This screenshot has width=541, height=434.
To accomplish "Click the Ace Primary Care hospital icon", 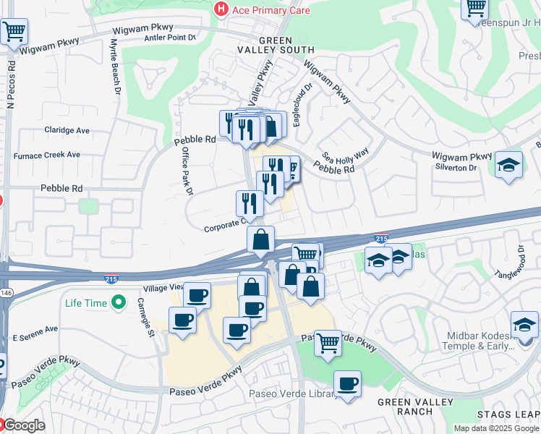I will [x=221, y=10].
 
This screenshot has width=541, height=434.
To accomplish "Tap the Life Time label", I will [x=86, y=303].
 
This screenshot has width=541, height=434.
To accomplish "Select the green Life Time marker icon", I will [x=120, y=303].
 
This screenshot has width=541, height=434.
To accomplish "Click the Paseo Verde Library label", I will [x=293, y=394].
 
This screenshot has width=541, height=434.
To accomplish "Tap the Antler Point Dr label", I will [x=171, y=37].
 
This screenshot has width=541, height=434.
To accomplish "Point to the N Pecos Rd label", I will [x=11, y=84].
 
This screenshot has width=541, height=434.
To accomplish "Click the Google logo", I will [x=23, y=426].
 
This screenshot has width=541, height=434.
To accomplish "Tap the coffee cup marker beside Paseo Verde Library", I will [x=347, y=384].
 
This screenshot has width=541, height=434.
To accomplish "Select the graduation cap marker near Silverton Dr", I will [x=509, y=166].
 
